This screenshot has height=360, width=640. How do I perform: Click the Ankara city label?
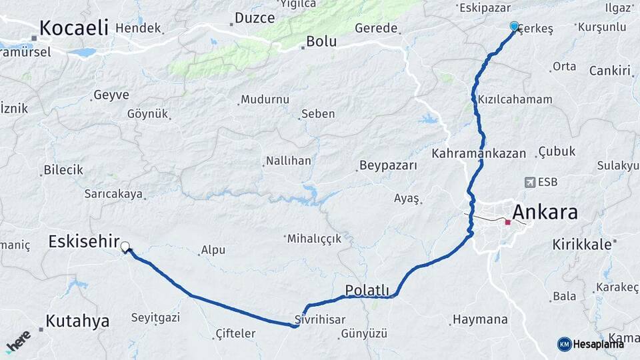(545, 213)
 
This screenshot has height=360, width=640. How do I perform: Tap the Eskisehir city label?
(83, 242)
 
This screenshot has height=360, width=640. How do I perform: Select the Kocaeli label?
(73, 27)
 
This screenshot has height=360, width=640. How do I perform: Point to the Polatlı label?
(367, 289)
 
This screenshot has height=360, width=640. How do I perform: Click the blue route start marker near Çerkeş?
(514, 27)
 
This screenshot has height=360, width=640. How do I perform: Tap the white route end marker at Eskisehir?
(125, 247)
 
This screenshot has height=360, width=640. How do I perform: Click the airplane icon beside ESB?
(530, 181)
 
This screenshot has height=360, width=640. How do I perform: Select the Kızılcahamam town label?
(515, 99)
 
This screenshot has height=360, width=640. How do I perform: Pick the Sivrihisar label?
(320, 319)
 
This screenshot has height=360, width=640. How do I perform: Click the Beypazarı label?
(388, 165)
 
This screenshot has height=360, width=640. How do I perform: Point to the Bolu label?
(321, 41)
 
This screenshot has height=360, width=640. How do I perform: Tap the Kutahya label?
(77, 321)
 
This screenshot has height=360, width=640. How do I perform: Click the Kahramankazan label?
(479, 153)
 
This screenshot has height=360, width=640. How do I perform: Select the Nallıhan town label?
(288, 161)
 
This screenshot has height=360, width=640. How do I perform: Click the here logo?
(19, 341)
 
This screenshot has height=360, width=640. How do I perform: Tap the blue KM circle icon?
(564, 344)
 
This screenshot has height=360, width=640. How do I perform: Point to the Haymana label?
(480, 319)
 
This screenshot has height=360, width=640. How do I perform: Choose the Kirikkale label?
(581, 245)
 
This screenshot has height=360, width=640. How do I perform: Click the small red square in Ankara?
(507, 223)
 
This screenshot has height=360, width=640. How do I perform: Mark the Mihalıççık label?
(313, 238)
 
